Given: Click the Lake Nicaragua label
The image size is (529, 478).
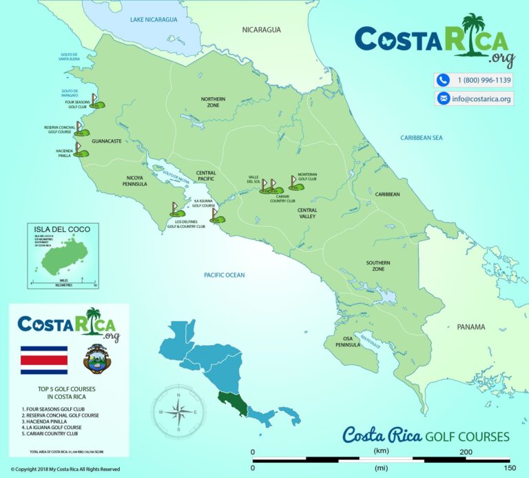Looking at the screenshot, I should [154, 20].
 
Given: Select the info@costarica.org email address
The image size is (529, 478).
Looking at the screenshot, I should [483, 99].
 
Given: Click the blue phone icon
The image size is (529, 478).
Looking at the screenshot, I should [443, 80].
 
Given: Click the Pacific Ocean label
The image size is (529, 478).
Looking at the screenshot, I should [224, 275].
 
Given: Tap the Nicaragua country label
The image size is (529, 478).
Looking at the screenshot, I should [262, 30].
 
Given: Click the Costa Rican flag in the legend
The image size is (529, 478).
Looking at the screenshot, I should [45, 360].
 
